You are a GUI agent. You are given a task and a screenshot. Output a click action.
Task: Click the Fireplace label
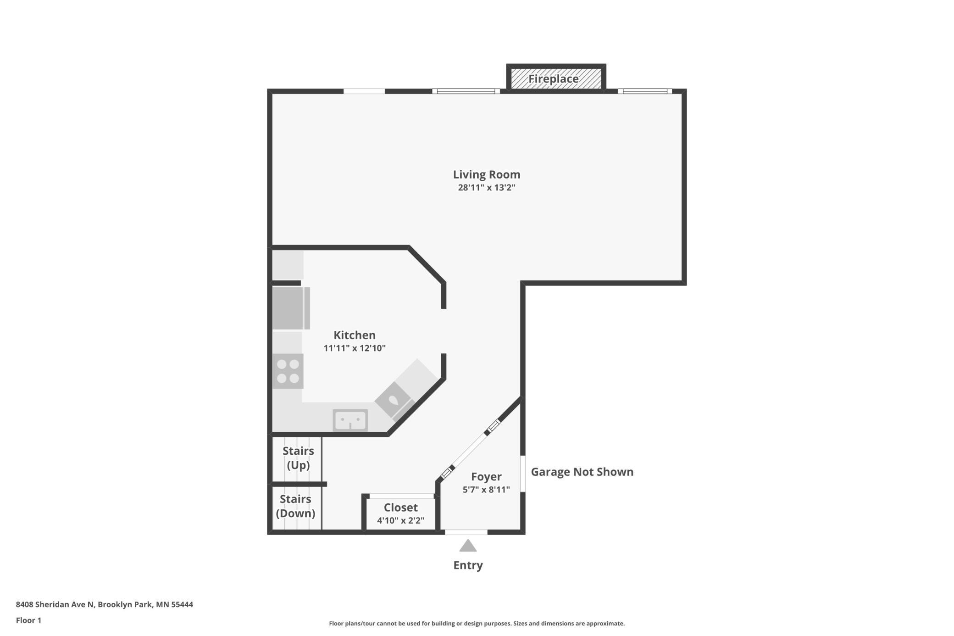pyautogui.click(x=553, y=79)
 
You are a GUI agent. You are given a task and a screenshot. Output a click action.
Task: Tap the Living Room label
pyautogui.click(x=487, y=174)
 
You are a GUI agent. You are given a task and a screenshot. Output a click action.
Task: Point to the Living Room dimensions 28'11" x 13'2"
pyautogui.click(x=487, y=187)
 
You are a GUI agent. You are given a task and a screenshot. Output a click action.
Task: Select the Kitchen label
pyautogui.click(x=355, y=335)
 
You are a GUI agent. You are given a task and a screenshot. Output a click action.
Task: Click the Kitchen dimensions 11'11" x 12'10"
pyautogui.click(x=355, y=348)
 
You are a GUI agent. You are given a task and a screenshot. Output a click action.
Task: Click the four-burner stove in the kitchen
pyautogui.click(x=288, y=371)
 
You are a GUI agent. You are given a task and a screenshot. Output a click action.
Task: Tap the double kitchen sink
pyautogui.click(x=350, y=420)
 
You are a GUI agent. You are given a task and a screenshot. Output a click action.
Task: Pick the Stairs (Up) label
pyautogui.click(x=298, y=458)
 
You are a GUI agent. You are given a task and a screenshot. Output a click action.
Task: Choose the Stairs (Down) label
pyautogui.click(x=295, y=506)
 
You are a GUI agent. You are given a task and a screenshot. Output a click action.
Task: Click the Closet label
pyautogui.click(x=401, y=508)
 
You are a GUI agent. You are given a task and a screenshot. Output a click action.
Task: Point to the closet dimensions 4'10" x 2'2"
pyautogui.click(x=401, y=520)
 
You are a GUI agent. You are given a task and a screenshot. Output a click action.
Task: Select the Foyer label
pyautogui.click(x=486, y=477)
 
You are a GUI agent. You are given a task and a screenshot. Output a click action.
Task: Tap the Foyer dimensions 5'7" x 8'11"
pyautogui.click(x=486, y=490)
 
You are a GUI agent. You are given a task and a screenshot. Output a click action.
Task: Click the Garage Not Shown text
pyautogui.click(x=582, y=472)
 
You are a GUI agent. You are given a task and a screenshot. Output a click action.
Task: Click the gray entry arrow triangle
pyautogui.click(x=468, y=545)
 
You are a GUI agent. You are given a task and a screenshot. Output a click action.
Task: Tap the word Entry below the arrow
pyautogui.click(x=468, y=565)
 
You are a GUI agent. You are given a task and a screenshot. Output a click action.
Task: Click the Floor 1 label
pyautogui.click(x=28, y=620)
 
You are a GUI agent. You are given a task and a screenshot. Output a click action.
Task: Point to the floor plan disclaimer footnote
pyautogui.click(x=477, y=623)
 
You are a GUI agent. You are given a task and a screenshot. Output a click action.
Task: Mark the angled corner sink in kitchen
pyautogui.click(x=394, y=400)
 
